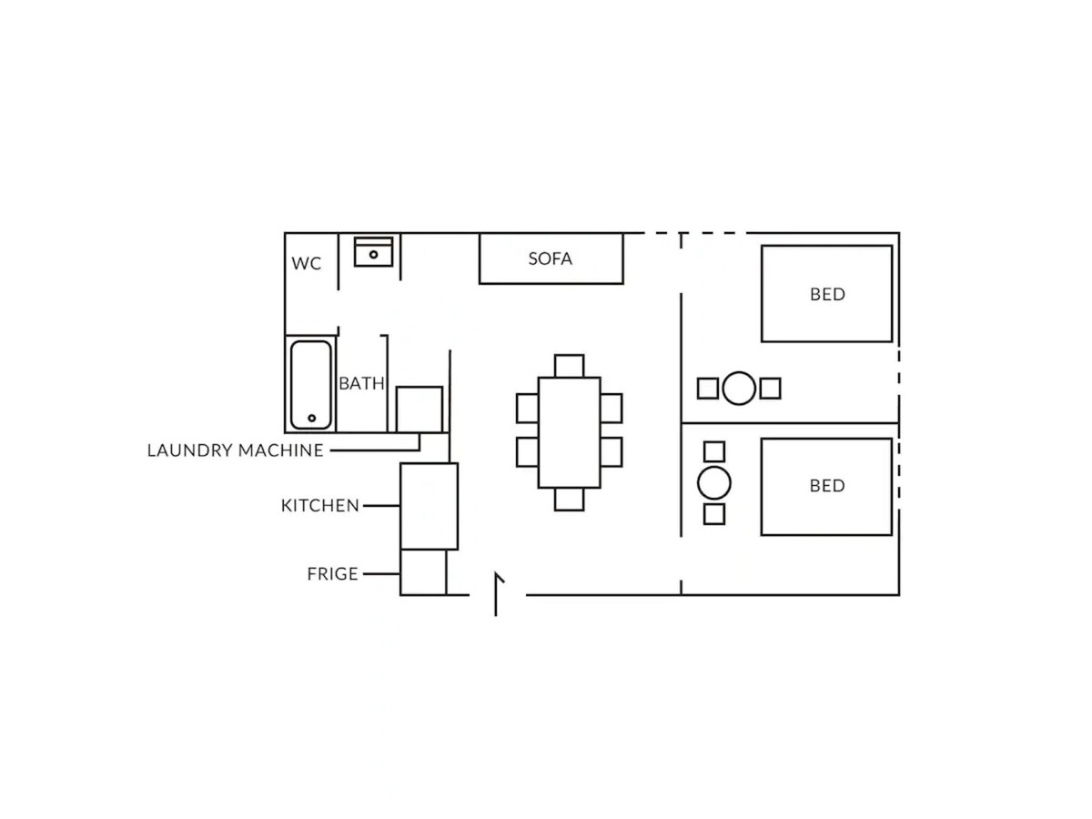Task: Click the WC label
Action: point(306,263)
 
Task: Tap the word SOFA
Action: point(550,258)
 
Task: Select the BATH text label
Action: point(361,383)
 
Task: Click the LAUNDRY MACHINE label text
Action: point(236,450)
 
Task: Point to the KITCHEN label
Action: point(320,505)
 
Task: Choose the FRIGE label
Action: point(332,574)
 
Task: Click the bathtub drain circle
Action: point(312,418)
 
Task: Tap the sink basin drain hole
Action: point(373,255)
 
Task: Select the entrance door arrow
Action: point(496,593)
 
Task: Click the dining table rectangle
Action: point(569,432)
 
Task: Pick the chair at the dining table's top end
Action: point(569,366)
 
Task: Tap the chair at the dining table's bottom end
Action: point(569,500)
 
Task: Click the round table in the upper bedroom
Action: point(739,389)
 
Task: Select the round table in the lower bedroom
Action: point(714,483)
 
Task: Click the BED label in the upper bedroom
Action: point(827,294)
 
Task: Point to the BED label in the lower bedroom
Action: point(827,485)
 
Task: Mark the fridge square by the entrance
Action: point(423,571)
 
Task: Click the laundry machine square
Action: point(420,409)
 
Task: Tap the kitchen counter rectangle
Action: point(430,506)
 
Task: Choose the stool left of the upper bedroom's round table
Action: point(707,389)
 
